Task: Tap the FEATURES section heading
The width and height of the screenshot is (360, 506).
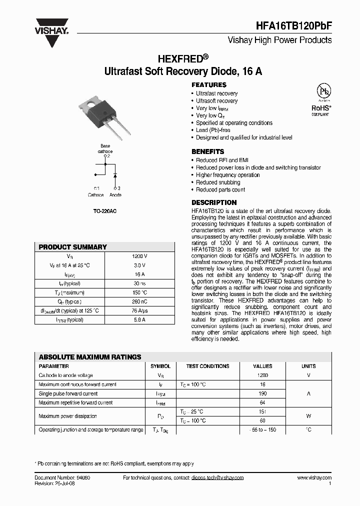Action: point(209,85)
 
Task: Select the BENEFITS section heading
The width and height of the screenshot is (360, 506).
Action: point(208,151)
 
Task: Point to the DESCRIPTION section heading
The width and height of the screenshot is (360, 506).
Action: point(214,202)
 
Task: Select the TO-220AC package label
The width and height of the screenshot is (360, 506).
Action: point(105,211)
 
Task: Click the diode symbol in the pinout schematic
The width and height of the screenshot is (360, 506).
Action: point(114,175)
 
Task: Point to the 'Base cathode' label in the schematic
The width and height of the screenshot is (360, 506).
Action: point(105,148)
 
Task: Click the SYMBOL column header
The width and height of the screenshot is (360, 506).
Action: point(160,366)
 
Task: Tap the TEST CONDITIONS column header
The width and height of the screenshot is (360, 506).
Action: point(207,366)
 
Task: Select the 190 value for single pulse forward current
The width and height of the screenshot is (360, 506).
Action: point(262,393)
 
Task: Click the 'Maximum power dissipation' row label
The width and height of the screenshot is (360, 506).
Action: point(67,416)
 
